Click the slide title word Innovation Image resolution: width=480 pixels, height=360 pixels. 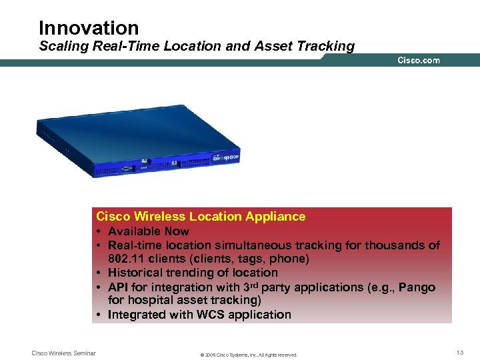[89, 28]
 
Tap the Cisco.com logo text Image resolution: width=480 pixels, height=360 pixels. [419, 61]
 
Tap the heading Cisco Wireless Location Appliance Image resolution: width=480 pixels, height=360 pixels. [201, 216]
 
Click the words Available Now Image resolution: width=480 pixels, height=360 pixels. [148, 231]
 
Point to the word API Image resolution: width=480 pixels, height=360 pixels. [118, 287]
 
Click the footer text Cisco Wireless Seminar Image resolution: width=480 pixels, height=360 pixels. [64, 353]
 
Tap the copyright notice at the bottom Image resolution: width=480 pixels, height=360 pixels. [249, 355]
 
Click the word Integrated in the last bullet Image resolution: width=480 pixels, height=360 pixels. [136, 315]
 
